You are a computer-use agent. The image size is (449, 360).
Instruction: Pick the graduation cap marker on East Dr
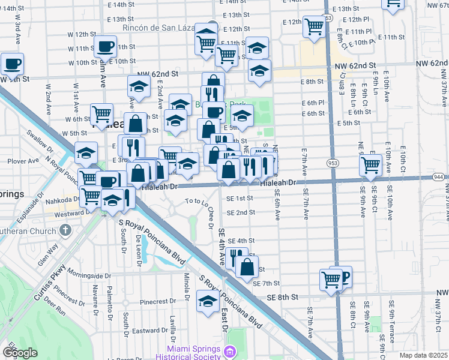(208, 299)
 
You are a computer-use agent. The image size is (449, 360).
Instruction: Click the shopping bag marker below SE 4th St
(247, 266)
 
